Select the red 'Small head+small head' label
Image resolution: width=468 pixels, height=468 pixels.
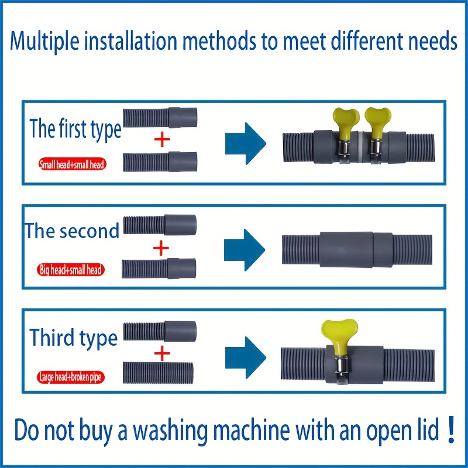[x=71, y=165]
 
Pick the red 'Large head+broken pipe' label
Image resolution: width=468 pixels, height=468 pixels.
[x=70, y=377]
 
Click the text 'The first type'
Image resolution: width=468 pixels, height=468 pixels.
[x=75, y=129]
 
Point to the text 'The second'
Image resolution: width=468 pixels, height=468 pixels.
[x=71, y=231]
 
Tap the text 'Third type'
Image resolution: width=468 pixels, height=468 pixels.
[x=74, y=338]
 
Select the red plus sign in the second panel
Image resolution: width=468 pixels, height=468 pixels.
[x=160, y=248]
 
